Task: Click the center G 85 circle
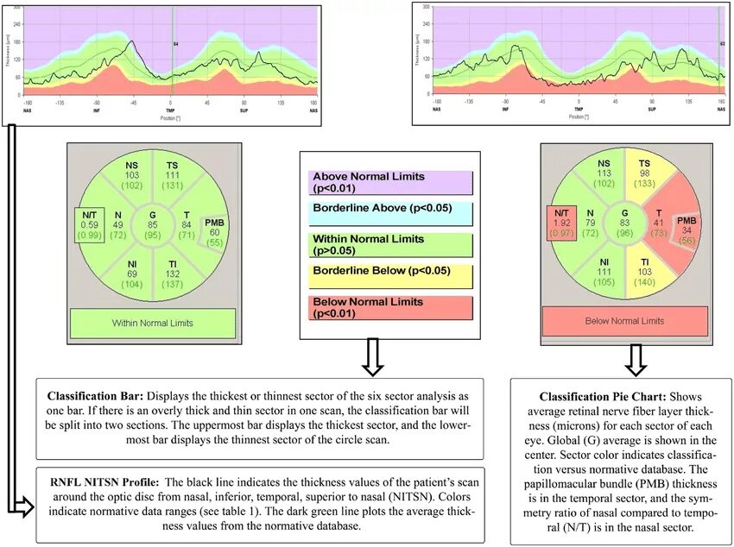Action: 152,224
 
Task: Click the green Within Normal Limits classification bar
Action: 152,323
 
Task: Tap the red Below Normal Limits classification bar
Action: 625,321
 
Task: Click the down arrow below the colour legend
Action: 371,357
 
